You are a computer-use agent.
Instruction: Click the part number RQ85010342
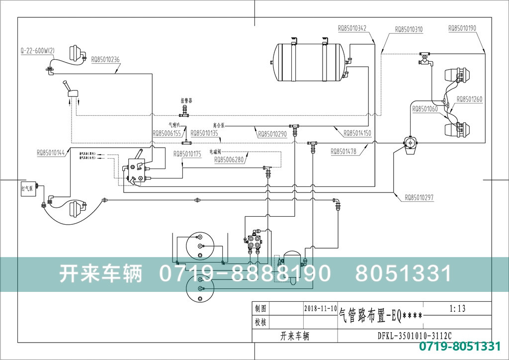point(352,29)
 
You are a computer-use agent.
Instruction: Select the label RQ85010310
point(409,29)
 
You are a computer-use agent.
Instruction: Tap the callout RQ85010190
point(462,28)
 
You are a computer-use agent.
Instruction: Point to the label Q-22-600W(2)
point(37,51)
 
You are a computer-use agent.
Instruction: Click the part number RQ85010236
point(105,59)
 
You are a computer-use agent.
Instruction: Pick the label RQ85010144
point(51,153)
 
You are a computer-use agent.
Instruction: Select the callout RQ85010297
point(419,197)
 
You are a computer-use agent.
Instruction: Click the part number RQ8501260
point(469,99)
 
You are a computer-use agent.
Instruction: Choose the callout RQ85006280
point(229,160)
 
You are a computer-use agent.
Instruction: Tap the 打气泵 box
point(27,188)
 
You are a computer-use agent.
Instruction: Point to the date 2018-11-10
point(320,308)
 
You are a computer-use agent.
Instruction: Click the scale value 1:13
point(457,309)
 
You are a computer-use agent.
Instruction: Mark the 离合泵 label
point(218,125)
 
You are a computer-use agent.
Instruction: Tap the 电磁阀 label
point(215,150)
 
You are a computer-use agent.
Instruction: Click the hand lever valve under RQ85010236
point(70,92)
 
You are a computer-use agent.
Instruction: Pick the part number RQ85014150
point(357,133)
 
